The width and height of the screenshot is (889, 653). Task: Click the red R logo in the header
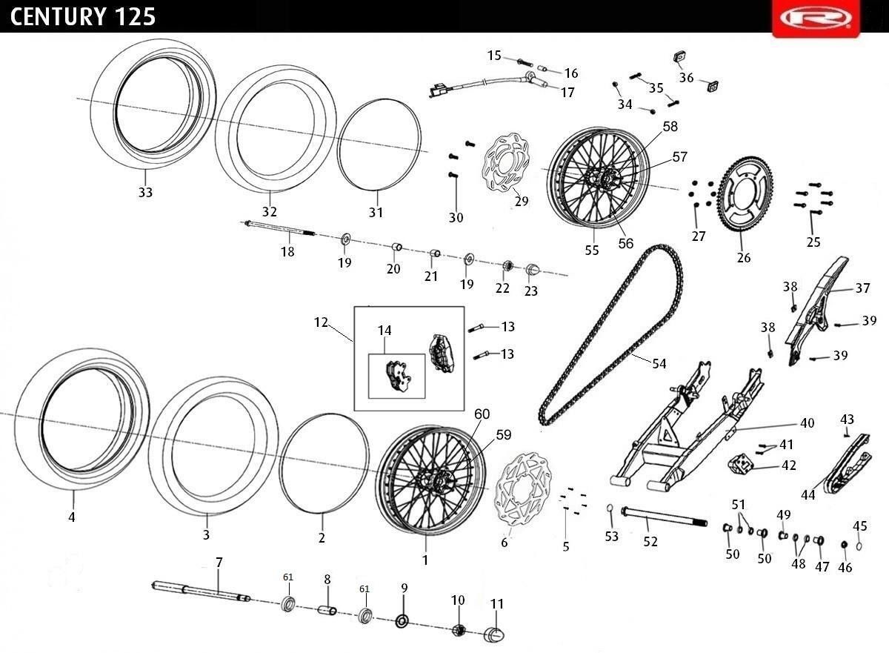click(816, 19)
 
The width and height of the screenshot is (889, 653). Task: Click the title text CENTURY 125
click(82, 17)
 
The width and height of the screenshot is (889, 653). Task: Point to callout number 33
click(145, 192)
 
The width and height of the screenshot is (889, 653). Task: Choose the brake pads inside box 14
click(399, 375)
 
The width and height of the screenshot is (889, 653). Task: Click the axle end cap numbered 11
click(494, 634)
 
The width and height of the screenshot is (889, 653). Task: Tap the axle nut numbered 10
click(459, 629)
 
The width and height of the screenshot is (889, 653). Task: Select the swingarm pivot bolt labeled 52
click(664, 517)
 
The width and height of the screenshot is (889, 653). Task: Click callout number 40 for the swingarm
click(808, 423)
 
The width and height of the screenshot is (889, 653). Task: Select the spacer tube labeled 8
click(327, 610)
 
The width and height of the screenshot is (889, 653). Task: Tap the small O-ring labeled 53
click(610, 508)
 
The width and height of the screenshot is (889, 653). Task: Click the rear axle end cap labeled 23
click(532, 270)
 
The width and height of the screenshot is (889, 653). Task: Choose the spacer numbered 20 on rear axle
click(397, 248)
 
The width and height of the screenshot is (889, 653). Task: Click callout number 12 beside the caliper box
click(321, 322)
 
